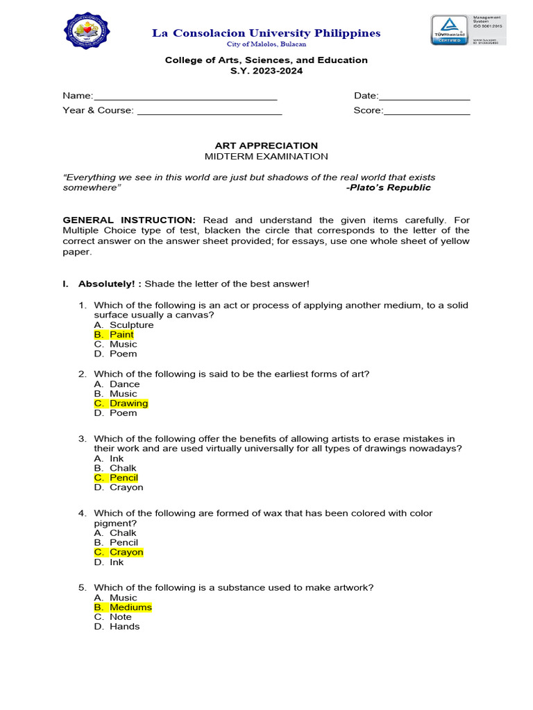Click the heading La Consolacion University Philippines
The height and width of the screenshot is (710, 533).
[x=266, y=33]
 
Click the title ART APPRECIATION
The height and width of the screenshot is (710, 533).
[x=266, y=146]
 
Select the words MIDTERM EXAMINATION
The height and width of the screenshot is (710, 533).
[x=266, y=157]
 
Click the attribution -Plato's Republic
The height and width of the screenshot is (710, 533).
[x=388, y=187]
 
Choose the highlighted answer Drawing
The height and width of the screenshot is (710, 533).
[x=128, y=404]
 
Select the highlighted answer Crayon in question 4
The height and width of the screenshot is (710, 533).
[x=126, y=552]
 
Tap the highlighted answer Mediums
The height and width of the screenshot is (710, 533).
[x=130, y=607]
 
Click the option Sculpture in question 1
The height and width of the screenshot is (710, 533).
[x=131, y=324]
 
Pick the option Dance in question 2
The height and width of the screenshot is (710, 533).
[x=124, y=384]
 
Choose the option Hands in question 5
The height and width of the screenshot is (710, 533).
[x=124, y=626]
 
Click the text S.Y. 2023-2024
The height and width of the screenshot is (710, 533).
[x=266, y=71]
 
